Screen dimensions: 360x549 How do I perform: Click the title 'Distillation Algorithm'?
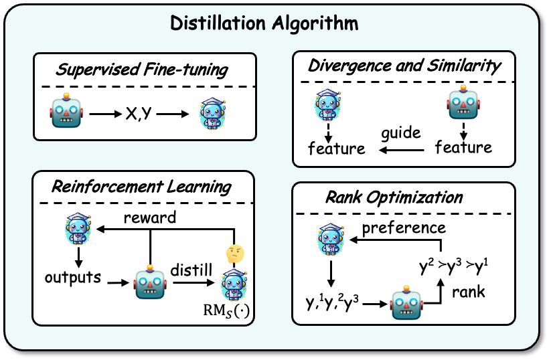pos(264,24)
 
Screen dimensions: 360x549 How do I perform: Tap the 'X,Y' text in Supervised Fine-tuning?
pos(141,114)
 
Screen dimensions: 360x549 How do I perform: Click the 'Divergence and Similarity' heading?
pos(404,66)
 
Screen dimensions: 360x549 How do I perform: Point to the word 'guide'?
pos(401,132)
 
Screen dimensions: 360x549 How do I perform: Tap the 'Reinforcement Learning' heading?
pos(143,186)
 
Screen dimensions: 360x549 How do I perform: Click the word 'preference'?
pos(403,228)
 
